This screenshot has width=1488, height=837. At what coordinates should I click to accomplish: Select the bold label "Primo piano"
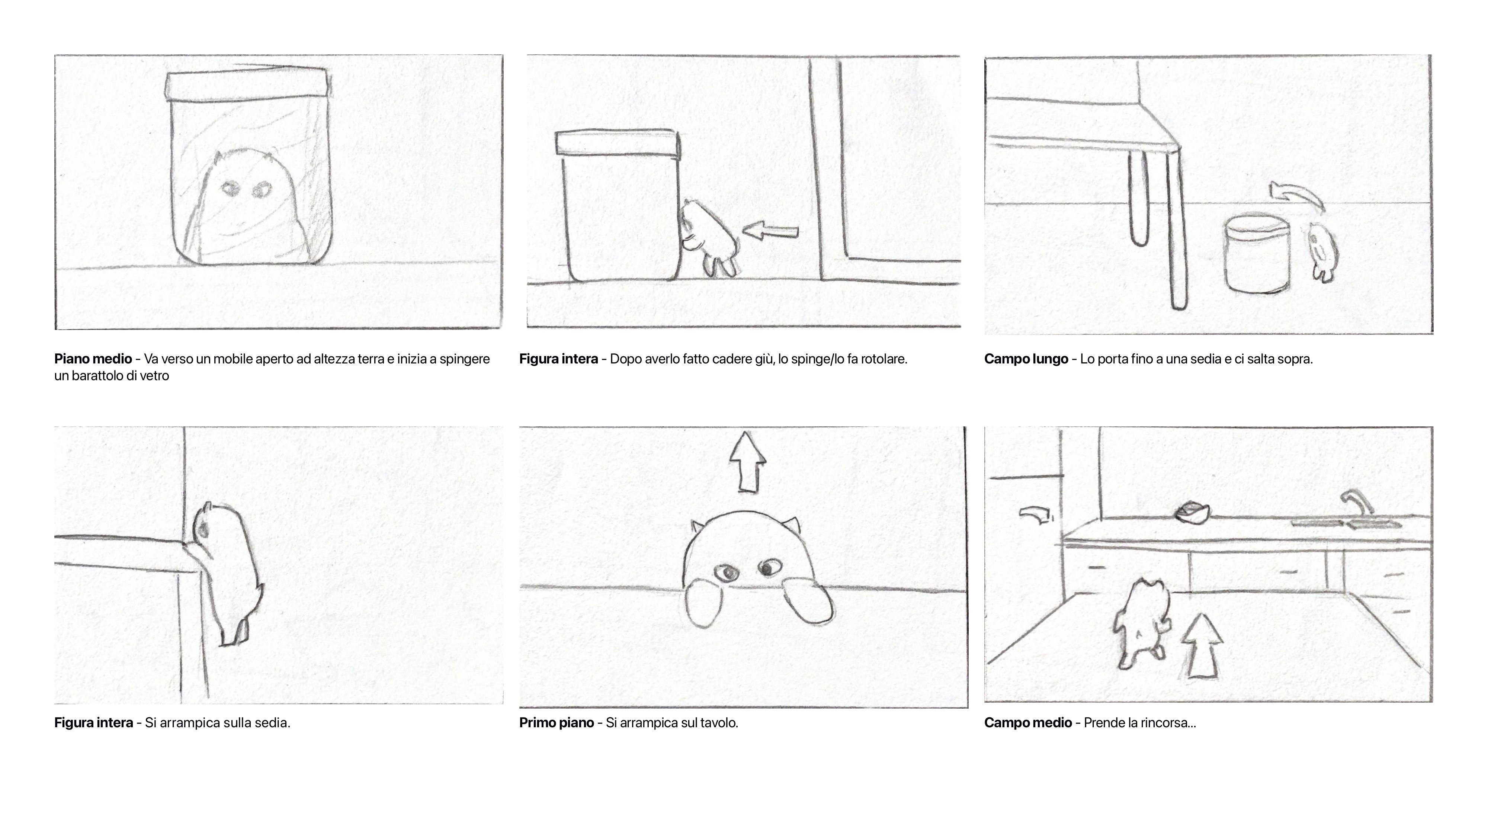(x=556, y=723)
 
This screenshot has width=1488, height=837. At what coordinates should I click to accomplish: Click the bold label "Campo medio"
(x=1027, y=723)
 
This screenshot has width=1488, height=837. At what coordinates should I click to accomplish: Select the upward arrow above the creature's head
(x=747, y=462)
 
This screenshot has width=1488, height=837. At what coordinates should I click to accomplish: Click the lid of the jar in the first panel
(x=247, y=85)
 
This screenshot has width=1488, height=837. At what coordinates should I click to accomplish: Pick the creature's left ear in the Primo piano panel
(x=697, y=526)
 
